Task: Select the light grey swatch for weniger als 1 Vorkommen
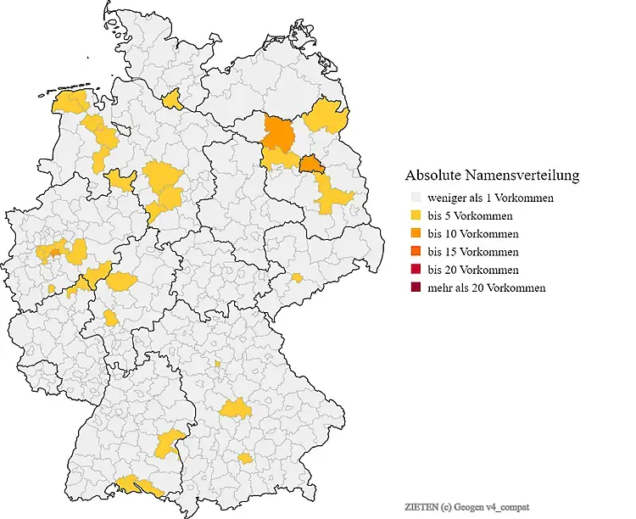click(415, 198)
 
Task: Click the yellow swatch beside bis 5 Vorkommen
click(415, 215)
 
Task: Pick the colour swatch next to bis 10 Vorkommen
click(415, 234)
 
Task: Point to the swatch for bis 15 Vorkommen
click(415, 252)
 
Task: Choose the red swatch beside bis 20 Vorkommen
click(415, 270)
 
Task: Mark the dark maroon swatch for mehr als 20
click(415, 288)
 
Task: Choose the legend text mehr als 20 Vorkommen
click(487, 288)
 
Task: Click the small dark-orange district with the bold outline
click(312, 164)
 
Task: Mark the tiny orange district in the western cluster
click(56, 251)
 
